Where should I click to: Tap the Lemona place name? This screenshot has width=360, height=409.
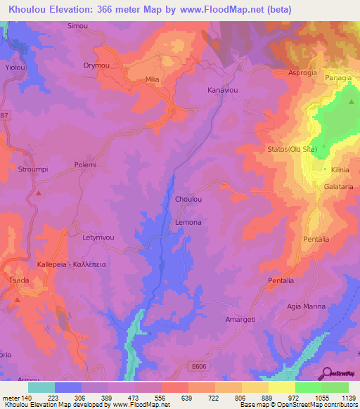tap(188, 222)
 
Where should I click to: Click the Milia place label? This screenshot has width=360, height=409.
tap(152, 79)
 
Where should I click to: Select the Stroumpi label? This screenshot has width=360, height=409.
tap(32, 169)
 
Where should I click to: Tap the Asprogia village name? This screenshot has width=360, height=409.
tap(303, 72)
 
